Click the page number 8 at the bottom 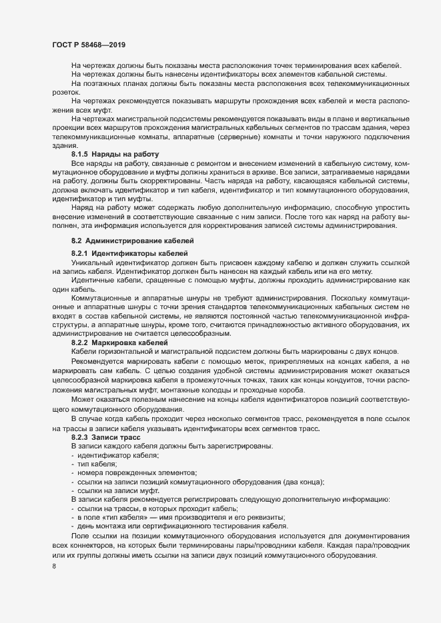(53, 568)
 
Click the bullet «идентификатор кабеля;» (117, 454)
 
